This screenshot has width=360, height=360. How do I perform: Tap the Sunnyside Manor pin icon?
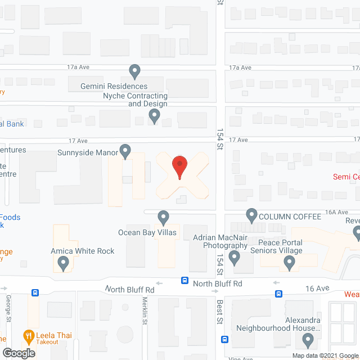(125, 151)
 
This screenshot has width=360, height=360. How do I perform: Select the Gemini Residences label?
(114, 86)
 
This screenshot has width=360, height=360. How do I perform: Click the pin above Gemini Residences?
(134, 71)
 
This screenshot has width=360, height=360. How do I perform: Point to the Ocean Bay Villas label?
(147, 232)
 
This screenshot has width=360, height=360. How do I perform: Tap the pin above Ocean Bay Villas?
(163, 217)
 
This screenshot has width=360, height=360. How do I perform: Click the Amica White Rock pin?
(64, 262)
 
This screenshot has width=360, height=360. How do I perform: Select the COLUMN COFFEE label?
(290, 216)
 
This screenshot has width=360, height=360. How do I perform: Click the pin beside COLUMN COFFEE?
(252, 215)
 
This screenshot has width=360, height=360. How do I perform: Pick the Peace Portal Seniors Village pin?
(290, 262)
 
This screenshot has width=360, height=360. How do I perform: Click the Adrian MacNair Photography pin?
(235, 258)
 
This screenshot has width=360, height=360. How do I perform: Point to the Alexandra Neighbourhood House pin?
(308, 340)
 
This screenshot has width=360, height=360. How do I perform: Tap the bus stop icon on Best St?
(224, 339)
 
